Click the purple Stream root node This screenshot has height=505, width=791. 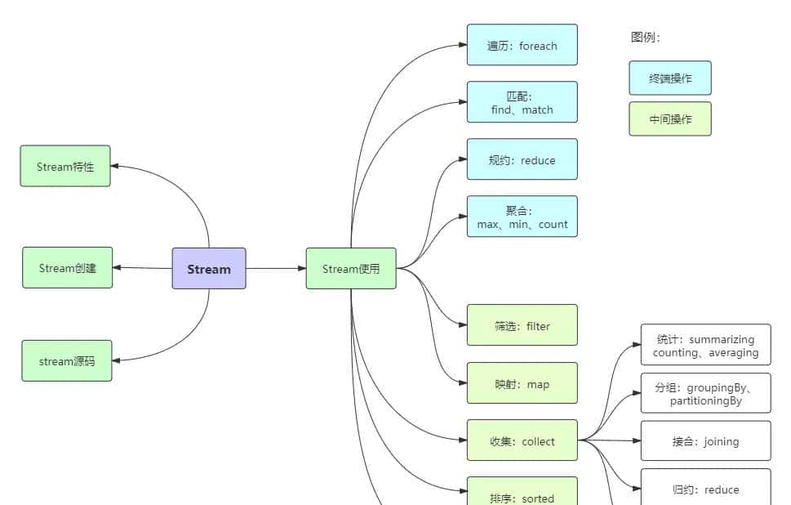(209, 269)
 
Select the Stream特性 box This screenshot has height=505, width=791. (65, 167)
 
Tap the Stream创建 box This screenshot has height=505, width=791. (67, 268)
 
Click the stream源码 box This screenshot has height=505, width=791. (67, 361)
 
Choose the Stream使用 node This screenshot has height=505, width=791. (351, 269)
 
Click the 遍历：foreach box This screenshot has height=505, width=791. (522, 46)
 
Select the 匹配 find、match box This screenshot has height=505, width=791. (522, 103)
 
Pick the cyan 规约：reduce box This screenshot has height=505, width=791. (522, 160)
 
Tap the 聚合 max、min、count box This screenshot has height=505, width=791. (522, 217)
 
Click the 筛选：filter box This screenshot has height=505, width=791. (522, 326)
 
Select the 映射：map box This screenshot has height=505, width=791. (522, 384)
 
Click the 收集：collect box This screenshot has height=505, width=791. (522, 441)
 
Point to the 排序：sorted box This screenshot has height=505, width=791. (522, 493)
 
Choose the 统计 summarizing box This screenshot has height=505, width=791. (705, 346)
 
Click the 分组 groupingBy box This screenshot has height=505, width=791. (705, 394)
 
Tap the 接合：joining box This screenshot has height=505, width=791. (705, 441)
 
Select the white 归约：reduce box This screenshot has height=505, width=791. (705, 488)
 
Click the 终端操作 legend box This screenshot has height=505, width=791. (670, 78)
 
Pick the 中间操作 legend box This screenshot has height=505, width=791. (670, 119)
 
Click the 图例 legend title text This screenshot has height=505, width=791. (646, 38)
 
